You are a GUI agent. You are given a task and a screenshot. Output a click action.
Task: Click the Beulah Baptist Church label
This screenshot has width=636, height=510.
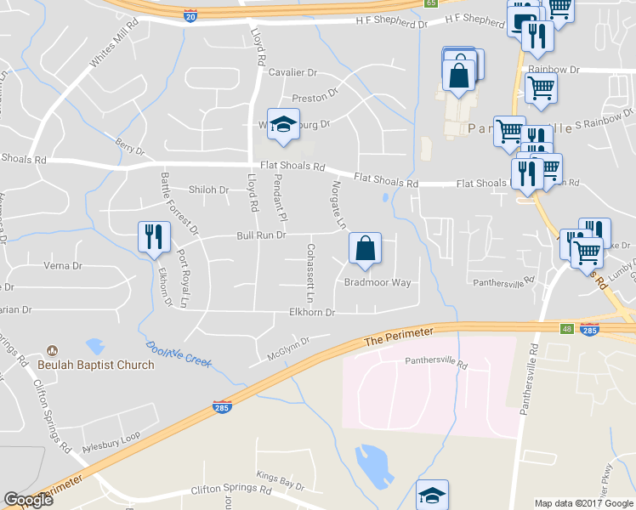point(96,365)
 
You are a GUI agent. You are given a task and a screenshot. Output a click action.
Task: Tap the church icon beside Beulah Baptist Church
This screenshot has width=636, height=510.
point(53,350)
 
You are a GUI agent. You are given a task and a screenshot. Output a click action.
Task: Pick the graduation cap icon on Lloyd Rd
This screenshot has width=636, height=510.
point(283,123)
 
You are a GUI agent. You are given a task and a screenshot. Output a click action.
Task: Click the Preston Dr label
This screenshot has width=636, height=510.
point(315,98)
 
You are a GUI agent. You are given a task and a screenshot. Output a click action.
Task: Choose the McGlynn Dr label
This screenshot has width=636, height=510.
point(287,348)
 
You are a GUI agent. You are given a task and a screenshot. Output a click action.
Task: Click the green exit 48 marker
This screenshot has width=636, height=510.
point(565,327)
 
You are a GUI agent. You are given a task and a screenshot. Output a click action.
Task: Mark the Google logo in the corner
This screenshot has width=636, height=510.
point(29,500)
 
